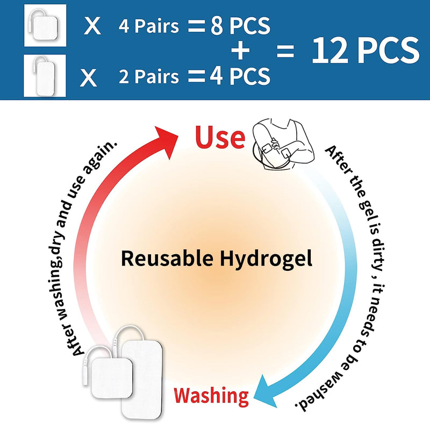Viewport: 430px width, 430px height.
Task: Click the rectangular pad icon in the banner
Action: pyautogui.click(x=45, y=76)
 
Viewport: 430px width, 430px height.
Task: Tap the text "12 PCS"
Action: pyautogui.click(x=365, y=51)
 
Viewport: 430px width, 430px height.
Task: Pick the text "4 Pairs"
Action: pyautogui.click(x=148, y=26)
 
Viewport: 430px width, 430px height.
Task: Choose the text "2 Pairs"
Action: pyautogui.click(x=149, y=77)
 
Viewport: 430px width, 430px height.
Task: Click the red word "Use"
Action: pyautogui.click(x=220, y=138)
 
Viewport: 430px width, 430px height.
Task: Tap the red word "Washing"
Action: pyautogui.click(x=211, y=396)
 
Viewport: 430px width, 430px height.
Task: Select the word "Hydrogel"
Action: pyautogui.click(x=267, y=259)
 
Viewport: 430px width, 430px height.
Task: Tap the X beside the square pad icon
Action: pyautogui.click(x=92, y=26)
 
